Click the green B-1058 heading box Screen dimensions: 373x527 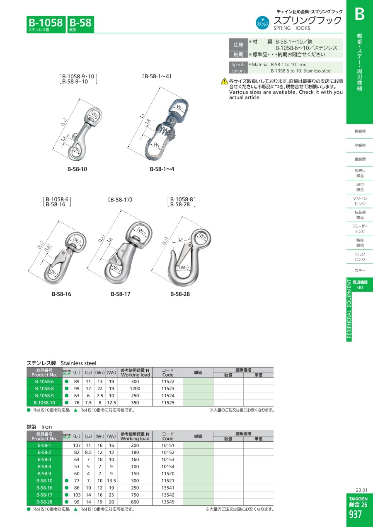click(46, 24)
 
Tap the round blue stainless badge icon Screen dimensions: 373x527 click(262, 23)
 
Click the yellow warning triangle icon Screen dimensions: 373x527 click(225, 81)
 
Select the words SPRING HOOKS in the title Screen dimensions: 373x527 click(292, 28)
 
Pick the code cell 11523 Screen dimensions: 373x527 click(168, 389)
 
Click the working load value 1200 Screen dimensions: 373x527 click(135, 389)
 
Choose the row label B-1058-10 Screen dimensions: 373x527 click(44, 403)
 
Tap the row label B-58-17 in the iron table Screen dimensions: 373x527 click(44, 495)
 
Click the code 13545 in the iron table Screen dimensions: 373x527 click(168, 502)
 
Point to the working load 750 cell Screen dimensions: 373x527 click(135, 495)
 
